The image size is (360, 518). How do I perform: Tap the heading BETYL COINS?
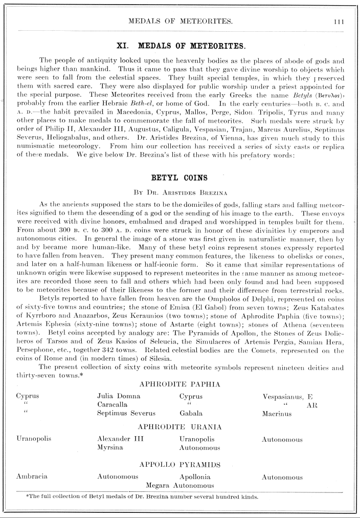(x=179, y=178)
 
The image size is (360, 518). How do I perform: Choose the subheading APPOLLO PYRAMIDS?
(x=179, y=465)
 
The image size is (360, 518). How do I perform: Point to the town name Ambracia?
(x=32, y=476)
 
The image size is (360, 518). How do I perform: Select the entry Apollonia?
(x=196, y=476)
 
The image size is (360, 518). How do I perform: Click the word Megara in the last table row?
(x=159, y=485)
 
